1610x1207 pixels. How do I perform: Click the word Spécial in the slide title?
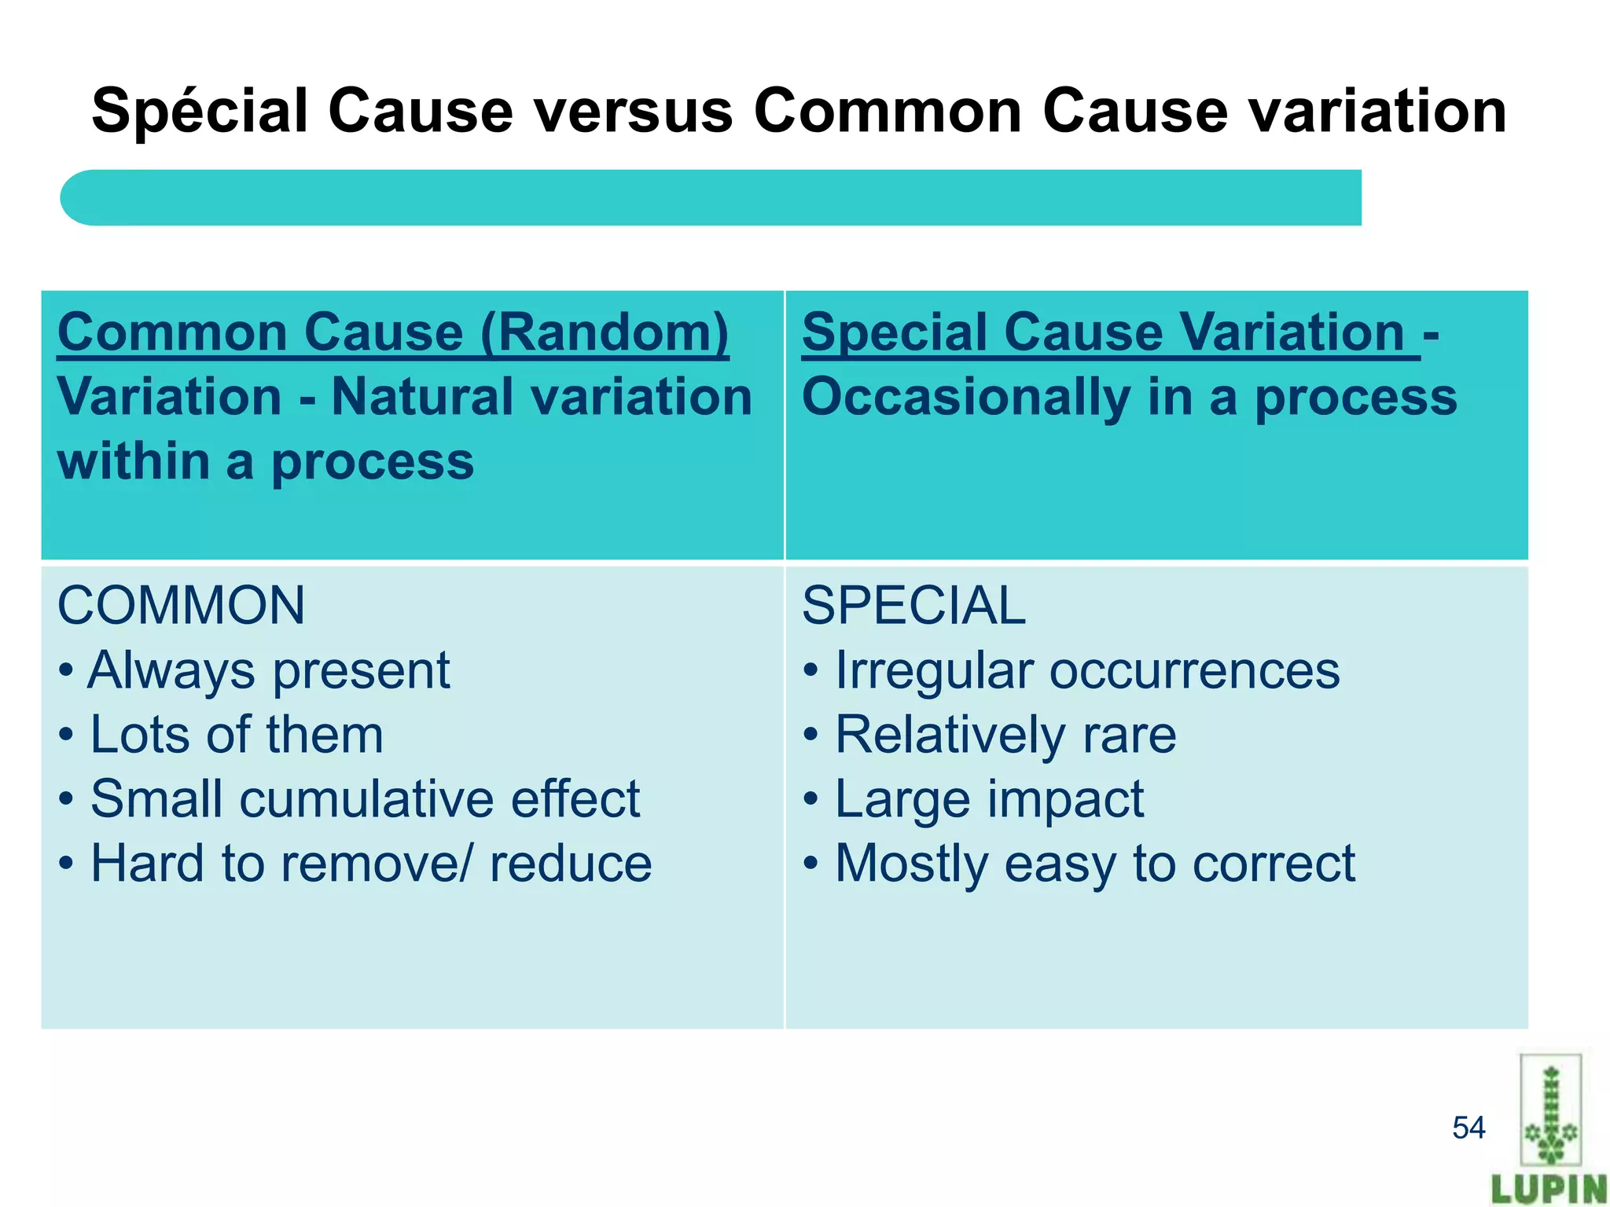pyautogui.click(x=200, y=112)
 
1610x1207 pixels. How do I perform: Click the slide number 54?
pyautogui.click(x=1468, y=1128)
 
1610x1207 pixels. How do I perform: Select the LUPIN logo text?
pyautogui.click(x=1549, y=1188)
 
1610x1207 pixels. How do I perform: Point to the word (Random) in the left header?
pyautogui.click(x=605, y=332)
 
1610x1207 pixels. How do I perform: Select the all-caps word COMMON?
pyautogui.click(x=182, y=606)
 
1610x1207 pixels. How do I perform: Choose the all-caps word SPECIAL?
pyautogui.click(x=913, y=606)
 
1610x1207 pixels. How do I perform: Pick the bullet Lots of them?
pyautogui.click(x=236, y=736)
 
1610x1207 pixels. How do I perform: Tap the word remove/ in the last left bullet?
pyautogui.click(x=377, y=864)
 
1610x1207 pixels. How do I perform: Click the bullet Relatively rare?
pyautogui.click(x=1005, y=736)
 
